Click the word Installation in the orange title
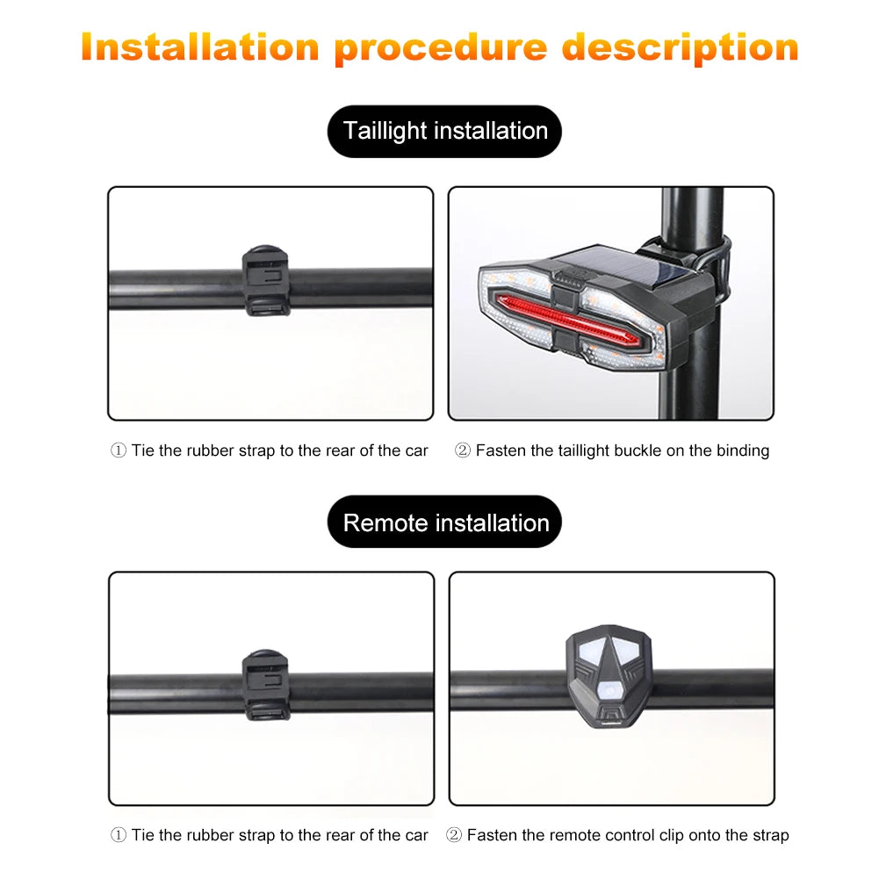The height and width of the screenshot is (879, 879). coord(200,47)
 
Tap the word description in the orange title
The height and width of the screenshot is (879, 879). coord(681,48)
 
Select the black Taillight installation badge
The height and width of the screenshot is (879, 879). coord(444,131)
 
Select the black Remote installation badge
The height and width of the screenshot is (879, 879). coord(444,522)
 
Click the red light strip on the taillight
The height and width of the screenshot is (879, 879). coord(566,321)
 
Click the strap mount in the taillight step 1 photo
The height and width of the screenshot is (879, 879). coord(266,280)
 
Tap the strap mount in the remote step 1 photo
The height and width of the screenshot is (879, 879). coord(266,684)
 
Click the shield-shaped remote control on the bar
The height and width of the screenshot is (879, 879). coord(609,676)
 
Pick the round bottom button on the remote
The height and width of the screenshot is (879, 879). coord(609,689)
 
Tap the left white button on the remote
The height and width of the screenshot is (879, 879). coord(590,651)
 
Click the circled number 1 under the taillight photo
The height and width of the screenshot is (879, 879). coord(119,450)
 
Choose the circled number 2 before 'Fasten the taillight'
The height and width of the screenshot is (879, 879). coord(463,450)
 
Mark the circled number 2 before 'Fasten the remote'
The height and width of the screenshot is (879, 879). coord(453,835)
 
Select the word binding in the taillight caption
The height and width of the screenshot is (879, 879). coord(743,450)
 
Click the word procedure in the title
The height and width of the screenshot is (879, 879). coord(441,48)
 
